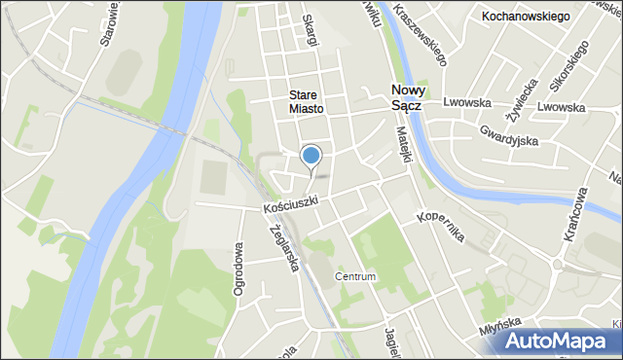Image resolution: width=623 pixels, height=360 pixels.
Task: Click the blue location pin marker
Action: click(x=311, y=156)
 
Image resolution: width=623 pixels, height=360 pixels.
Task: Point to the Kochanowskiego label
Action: click(x=526, y=17)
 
